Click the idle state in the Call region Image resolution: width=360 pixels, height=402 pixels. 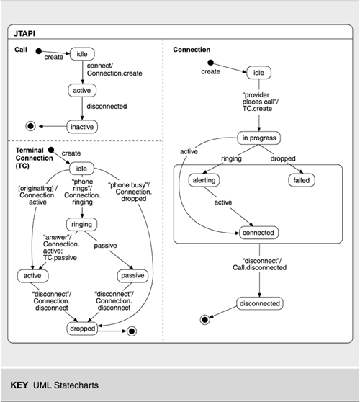click(82, 54)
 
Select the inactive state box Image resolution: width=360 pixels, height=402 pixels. click(82, 127)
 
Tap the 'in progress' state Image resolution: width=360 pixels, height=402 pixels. click(258, 138)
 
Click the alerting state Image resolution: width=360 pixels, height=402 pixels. click(204, 180)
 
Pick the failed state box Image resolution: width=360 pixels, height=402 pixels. click(302, 180)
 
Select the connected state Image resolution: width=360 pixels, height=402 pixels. click(258, 233)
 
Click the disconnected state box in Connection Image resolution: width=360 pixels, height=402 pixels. click(259, 303)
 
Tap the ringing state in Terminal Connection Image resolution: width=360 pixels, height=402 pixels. click(82, 225)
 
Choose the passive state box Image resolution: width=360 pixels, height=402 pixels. click(132, 276)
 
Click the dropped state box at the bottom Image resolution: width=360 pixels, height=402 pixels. click(82, 329)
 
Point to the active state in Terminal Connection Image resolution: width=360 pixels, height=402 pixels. click(32, 276)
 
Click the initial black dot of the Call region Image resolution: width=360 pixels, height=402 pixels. click(38, 51)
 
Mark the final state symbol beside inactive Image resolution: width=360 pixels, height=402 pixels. click(30, 126)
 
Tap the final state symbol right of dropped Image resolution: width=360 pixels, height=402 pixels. click(132, 331)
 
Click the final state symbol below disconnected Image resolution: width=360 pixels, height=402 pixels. click(204, 320)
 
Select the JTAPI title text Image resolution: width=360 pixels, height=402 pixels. click(24, 34)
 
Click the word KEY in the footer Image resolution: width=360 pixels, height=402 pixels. click(19, 385)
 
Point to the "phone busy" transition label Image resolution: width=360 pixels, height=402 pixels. click(130, 192)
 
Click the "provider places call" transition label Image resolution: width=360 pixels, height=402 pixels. click(261, 102)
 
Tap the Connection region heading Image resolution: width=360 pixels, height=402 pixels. click(192, 50)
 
